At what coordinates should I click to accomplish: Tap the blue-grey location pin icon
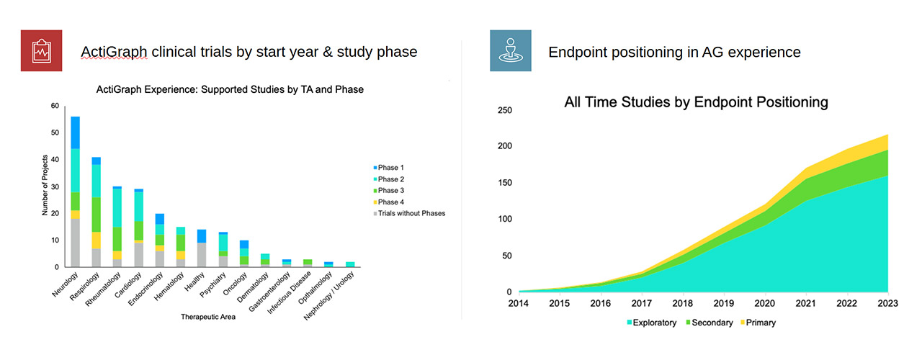511,50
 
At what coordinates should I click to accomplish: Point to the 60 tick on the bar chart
55,107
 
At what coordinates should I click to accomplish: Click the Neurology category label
63,287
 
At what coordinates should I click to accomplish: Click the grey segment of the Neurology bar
75,243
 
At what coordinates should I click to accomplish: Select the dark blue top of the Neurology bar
75,132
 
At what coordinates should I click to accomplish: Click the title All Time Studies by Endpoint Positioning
696,102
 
